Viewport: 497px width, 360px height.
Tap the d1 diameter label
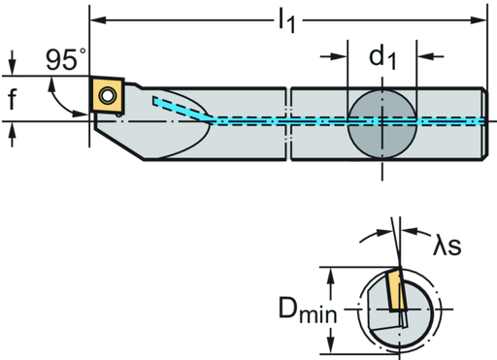pyautogui.click(x=381, y=57)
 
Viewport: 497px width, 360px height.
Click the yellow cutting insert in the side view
pyautogui.click(x=106, y=95)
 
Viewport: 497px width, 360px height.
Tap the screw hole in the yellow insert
pyautogui.click(x=106, y=95)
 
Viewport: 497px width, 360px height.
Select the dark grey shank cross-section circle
pyautogui.click(x=381, y=123)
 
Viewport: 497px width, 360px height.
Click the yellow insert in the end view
pyautogui.click(x=396, y=291)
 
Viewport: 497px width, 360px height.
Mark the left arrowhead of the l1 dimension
pyautogui.click(x=97, y=17)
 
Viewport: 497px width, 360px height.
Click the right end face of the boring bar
pyautogui.click(x=482, y=120)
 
